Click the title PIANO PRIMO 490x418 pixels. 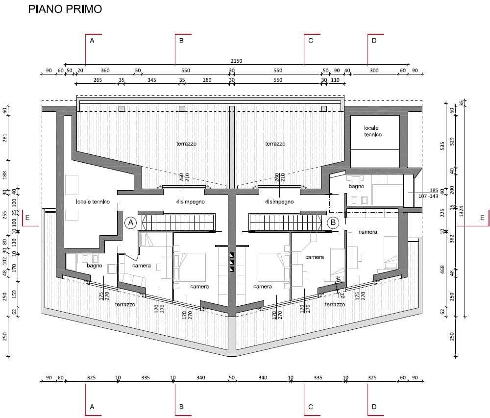point(65,9)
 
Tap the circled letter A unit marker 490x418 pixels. point(131,222)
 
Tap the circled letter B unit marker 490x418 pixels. point(333,222)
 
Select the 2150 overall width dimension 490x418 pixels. point(237,61)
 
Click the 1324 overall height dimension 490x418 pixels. point(461,211)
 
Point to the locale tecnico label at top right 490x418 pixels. point(372,131)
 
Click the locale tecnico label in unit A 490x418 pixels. point(93,202)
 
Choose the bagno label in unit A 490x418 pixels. point(95,266)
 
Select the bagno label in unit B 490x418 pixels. point(357,187)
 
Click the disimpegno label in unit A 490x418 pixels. point(190,202)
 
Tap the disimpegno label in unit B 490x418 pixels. point(279,202)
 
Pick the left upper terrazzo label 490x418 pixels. point(186,144)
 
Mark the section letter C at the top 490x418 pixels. point(311,41)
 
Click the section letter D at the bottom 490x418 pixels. point(374,407)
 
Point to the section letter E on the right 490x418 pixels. point(482,218)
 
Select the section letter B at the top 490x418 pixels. point(181,41)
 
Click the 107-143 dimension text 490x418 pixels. point(428,196)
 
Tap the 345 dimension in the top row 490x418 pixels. point(151,80)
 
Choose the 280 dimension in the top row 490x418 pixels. point(207,80)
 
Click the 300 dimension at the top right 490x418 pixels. point(374,71)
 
